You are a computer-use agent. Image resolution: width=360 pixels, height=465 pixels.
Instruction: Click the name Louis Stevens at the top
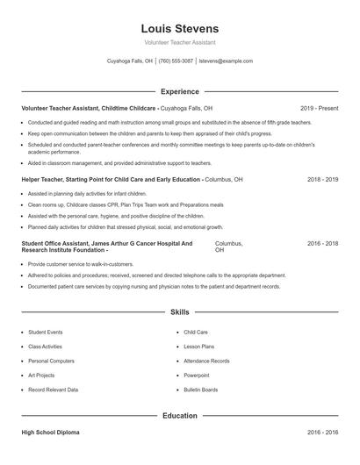pos(179,29)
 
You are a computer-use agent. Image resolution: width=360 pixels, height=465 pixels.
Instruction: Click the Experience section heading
pos(179,91)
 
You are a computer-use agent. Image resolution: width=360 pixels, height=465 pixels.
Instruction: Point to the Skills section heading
pos(179,311)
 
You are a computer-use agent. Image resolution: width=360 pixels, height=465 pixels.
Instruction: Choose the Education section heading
pos(179,415)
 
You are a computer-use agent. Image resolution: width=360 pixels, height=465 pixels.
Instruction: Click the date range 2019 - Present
pos(319,108)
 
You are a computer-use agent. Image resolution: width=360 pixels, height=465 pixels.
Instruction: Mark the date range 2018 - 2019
pos(322,180)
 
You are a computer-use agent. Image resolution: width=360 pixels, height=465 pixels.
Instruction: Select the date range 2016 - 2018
pos(322,243)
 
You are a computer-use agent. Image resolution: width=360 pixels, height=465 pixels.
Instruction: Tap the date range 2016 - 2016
pos(322,433)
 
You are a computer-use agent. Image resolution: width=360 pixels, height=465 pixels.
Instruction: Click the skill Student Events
pos(46,333)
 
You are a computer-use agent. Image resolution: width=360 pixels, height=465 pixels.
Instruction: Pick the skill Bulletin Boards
pos(201,389)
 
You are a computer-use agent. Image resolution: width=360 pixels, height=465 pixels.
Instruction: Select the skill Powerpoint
pos(197,375)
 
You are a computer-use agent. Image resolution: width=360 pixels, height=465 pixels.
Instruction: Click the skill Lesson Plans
pos(198,347)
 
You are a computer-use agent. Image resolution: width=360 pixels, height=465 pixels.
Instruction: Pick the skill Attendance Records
pos(206,361)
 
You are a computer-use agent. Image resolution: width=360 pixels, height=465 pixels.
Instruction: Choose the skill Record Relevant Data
pos(53,389)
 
